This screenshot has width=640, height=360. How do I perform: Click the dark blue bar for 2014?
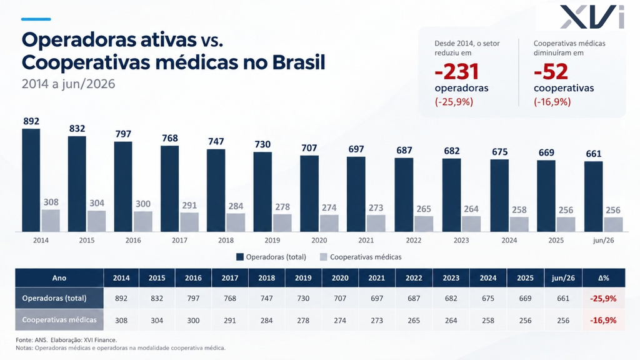tap(31, 181)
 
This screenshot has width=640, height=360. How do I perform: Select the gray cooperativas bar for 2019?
tap(282, 223)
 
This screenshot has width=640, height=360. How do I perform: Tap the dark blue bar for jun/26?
tap(594, 197)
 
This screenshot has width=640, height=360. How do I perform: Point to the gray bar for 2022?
tap(424, 224)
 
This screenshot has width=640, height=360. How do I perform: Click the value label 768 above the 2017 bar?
tap(170, 138)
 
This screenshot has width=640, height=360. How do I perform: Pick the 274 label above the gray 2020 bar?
tap(329, 207)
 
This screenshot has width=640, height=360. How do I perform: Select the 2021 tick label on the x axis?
tap(366, 241)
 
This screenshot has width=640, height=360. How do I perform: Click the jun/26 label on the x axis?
tap(603, 241)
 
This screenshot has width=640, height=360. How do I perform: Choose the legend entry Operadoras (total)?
tap(271, 257)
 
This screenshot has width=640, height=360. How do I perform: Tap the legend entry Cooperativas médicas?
tap(361, 257)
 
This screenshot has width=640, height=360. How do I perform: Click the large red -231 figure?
tap(457, 71)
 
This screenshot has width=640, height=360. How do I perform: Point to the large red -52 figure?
tap(551, 71)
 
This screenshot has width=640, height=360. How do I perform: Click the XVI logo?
tap(592, 17)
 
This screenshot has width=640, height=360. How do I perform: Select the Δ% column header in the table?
tap(604, 278)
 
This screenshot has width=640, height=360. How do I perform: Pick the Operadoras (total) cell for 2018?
tap(266, 298)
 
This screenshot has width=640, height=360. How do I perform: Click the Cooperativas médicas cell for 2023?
tap(451, 321)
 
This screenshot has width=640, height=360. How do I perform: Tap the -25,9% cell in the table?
tap(603, 298)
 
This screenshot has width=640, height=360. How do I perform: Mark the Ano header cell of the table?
tap(59, 278)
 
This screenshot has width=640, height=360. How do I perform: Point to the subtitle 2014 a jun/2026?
tap(69, 84)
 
